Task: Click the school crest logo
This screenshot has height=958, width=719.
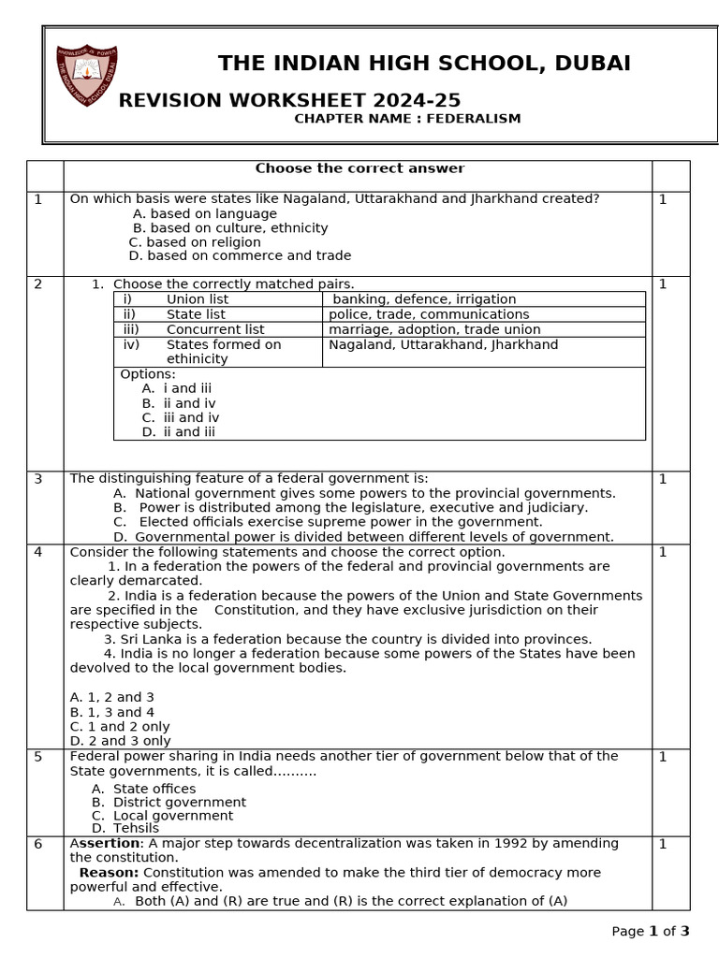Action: pyautogui.click(x=87, y=76)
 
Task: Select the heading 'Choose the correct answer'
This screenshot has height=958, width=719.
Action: pyautogui.click(x=359, y=168)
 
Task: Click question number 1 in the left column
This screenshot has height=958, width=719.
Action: pyautogui.click(x=38, y=199)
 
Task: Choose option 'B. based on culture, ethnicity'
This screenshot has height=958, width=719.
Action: pyautogui.click(x=230, y=228)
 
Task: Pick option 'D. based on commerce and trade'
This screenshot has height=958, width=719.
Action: pyautogui.click(x=240, y=255)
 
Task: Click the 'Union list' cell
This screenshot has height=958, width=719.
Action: pyautogui.click(x=197, y=299)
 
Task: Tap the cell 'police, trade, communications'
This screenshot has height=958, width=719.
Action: pyautogui.click(x=429, y=314)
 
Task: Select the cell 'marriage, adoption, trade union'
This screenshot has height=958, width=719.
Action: pyautogui.click(x=434, y=329)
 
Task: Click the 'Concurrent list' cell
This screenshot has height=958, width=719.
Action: pyautogui.click(x=215, y=329)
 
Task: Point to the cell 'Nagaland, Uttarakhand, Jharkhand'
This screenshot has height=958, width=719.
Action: pyautogui.click(x=443, y=344)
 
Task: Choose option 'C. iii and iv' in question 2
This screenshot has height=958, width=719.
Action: pyautogui.click(x=181, y=418)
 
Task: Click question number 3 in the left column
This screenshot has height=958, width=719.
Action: pyautogui.click(x=38, y=479)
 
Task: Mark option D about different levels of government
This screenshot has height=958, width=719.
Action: pyautogui.click(x=363, y=537)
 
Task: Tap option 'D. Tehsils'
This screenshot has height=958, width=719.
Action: pyautogui.click(x=125, y=828)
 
